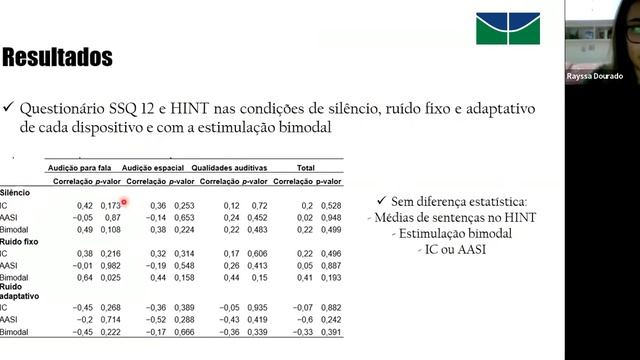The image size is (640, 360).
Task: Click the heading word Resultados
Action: point(56,57)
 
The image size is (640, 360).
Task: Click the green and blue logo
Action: point(507,28)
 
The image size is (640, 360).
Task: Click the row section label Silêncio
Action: point(15,192)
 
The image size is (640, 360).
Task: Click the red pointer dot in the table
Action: point(124,201)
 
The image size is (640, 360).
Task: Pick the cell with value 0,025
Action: point(111,277)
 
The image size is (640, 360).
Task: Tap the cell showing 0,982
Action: point(111,265)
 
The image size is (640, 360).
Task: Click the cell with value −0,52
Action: point(155,319)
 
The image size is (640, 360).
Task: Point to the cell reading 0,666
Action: point(183,331)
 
